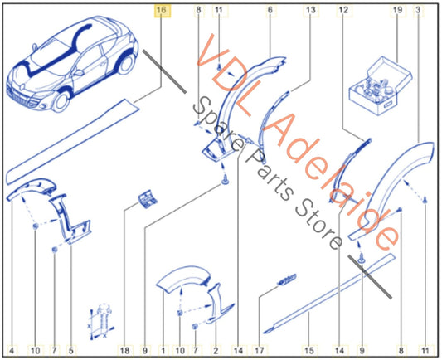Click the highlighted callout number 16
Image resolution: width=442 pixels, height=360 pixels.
coord(161,10)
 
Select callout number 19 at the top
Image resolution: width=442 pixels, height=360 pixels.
coord(397,10)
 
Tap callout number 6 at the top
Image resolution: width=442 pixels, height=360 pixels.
coord(270,10)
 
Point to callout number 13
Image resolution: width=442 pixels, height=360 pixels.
coord(311,10)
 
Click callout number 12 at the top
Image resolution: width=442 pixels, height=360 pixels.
coord(343,10)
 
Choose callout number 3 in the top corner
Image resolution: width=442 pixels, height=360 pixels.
coord(418,10)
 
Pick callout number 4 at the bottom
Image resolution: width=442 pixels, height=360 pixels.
coord(12,351)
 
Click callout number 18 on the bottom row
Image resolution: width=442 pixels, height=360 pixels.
coord(125,351)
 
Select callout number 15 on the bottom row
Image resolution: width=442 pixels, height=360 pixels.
coord(309,351)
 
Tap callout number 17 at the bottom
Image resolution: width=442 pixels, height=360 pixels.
coord(260,351)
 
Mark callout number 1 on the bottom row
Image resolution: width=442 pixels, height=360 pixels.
coord(163,351)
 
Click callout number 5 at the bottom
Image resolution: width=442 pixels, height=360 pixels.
coord(71,351)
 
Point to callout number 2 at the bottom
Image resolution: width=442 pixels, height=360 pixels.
coord(216,351)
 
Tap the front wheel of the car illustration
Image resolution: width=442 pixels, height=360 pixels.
coord(61,101)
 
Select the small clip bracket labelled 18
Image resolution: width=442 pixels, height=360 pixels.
coord(147,199)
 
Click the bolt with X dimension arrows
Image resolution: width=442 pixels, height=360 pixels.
coord(102,320)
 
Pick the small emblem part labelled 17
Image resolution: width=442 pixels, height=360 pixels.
coord(287,279)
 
